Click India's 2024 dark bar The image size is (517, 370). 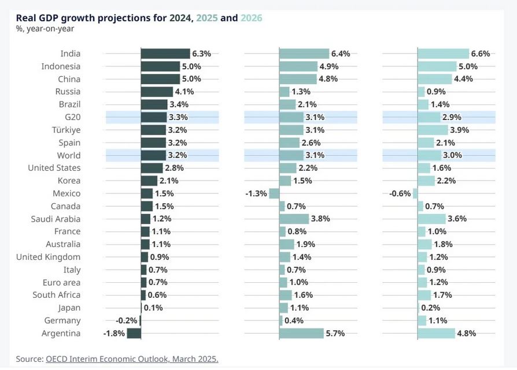[165, 54]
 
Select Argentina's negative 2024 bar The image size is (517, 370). [134, 333]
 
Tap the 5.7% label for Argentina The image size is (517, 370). [335, 333]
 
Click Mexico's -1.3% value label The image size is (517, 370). [256, 193]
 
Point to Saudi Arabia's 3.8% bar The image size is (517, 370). [294, 219]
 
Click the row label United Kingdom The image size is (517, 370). [48, 257]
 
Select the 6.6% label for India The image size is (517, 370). [481, 54]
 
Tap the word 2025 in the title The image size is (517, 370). [206, 18]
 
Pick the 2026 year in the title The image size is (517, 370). [252, 18]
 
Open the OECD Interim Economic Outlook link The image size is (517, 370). [132, 359]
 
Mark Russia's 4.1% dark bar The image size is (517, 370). [157, 92]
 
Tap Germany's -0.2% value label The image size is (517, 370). [126, 320]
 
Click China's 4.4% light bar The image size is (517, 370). [434, 79]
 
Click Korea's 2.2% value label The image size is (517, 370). [446, 181]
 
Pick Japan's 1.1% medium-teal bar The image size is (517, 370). [283, 308]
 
